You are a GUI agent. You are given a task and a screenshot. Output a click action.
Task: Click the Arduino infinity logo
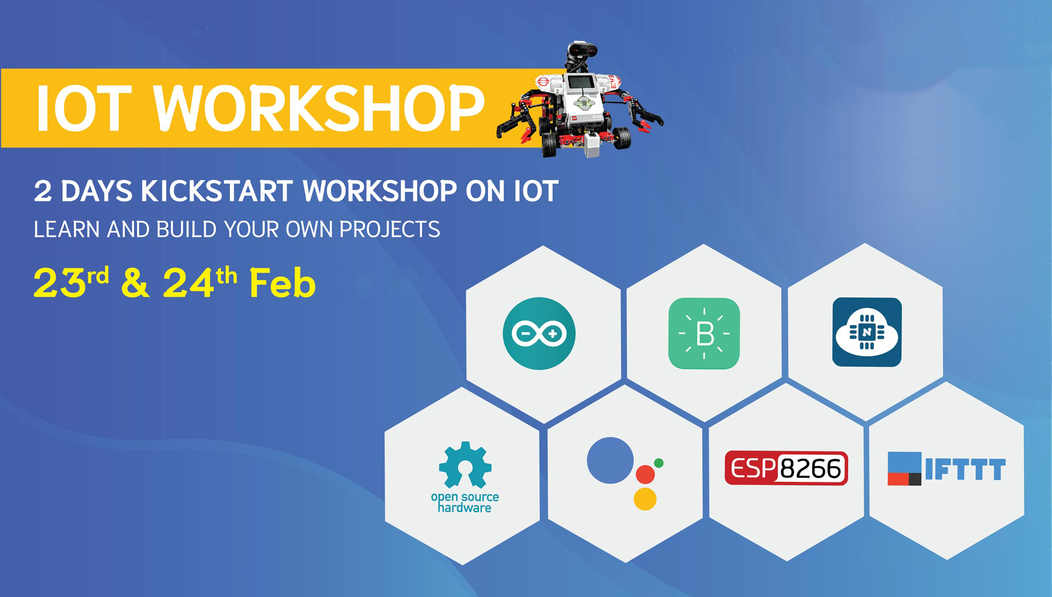coord(539,333)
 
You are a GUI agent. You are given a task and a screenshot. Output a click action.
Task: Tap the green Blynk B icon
coord(704,333)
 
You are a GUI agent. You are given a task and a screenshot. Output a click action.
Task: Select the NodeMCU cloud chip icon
coord(867,332)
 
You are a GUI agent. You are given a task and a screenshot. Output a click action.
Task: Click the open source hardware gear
coord(465,465)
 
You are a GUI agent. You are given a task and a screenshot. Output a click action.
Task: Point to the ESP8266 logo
coord(786,468)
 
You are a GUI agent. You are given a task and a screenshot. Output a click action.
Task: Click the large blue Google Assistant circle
coord(610,460)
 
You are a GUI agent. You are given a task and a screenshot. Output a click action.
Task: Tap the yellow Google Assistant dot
coord(645,499)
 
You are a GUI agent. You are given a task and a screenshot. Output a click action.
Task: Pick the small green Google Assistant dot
coord(659,463)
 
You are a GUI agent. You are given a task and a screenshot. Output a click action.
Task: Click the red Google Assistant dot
coord(645,474)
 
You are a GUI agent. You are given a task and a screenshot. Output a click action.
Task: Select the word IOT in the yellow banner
coord(83,108)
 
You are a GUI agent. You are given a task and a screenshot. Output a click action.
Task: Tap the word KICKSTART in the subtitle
coord(217,191)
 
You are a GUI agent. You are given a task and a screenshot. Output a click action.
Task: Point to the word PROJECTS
coord(389,229)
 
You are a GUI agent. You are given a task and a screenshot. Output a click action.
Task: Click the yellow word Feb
coord(282,284)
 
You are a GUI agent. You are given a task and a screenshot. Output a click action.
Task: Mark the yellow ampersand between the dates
coord(135,284)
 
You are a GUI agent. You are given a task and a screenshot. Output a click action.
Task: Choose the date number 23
coord(59,284)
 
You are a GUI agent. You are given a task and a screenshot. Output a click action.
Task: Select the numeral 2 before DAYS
coord(43,191)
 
